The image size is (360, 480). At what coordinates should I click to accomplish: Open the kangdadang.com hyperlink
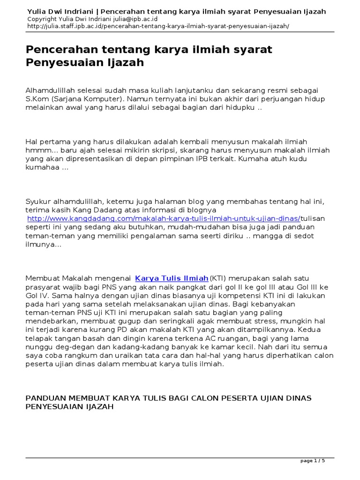click(164, 218)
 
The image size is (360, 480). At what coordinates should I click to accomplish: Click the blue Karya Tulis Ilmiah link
click(171, 278)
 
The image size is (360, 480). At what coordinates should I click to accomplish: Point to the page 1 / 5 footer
click(312, 461)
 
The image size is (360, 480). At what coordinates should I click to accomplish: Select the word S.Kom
click(35, 100)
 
